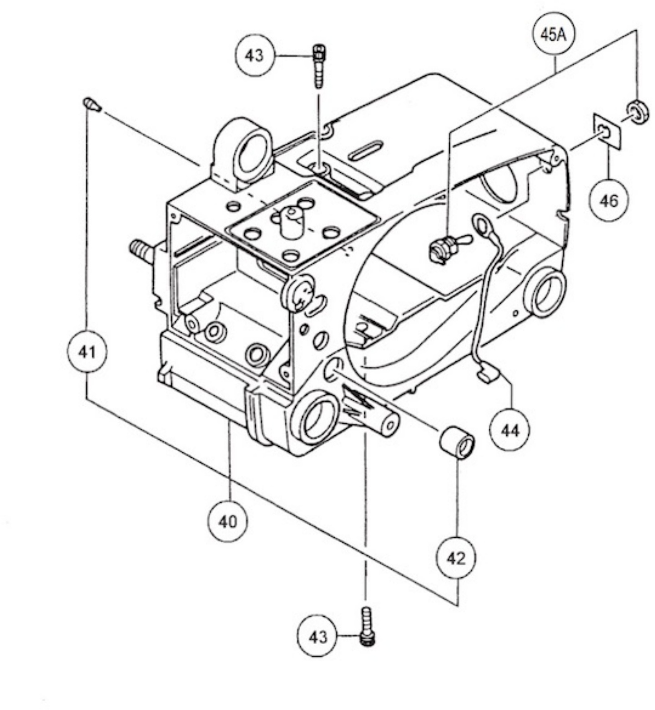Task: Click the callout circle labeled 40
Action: click(x=227, y=521)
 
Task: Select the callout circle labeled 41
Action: click(x=86, y=351)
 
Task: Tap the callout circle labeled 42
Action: click(x=456, y=558)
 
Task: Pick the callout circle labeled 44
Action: click(x=509, y=430)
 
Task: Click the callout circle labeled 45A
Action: click(x=553, y=35)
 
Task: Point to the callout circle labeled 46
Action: click(x=609, y=200)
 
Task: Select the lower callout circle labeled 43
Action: click(x=317, y=636)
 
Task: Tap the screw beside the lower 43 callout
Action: click(x=367, y=625)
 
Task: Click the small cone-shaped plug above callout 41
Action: click(x=92, y=105)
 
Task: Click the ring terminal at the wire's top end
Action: click(x=481, y=223)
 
